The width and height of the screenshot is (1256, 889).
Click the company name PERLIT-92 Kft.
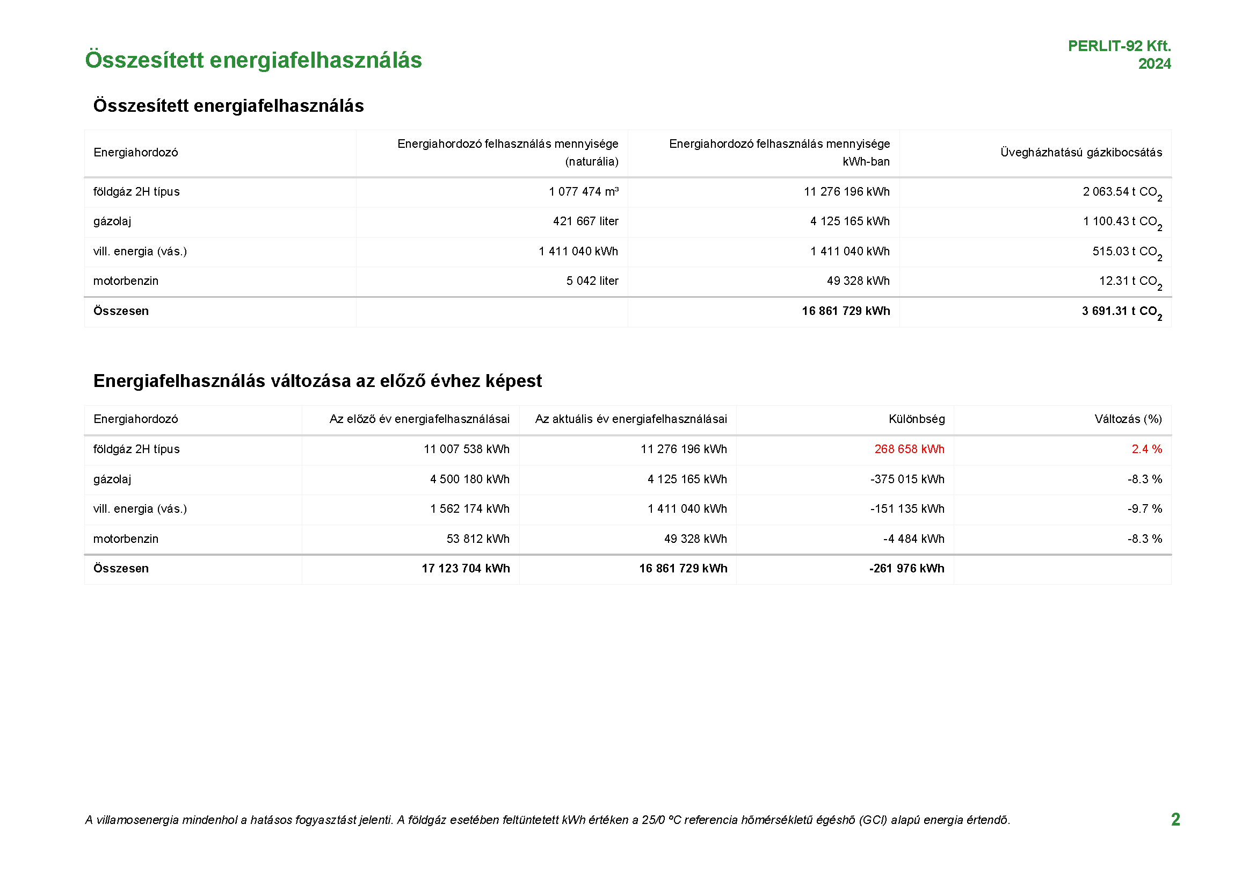pos(1119,46)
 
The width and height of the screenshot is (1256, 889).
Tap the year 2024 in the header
pos(1155,64)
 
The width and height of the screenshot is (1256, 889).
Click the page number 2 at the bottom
pos(1175,820)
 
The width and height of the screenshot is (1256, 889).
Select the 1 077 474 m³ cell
pos(583,191)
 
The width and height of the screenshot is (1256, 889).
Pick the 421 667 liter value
pos(585,221)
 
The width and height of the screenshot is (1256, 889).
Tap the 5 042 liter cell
pos(592,281)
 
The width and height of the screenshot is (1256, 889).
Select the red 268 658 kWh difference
pos(909,449)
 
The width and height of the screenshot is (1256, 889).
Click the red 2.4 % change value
pos(1146,449)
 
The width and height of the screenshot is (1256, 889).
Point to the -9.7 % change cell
pos(1144,509)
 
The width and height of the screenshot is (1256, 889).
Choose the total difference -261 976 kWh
pos(906,569)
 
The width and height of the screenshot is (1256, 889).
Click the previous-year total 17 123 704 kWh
pos(466,569)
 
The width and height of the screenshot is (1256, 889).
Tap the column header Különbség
pos(916,419)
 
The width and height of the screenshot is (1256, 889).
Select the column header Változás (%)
pos(1128,419)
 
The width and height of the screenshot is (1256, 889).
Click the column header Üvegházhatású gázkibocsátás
pos(1081,153)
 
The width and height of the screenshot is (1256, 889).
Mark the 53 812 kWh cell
pos(477,539)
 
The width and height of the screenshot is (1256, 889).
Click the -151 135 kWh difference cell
pos(907,509)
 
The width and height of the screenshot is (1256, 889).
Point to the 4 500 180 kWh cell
pos(469,479)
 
